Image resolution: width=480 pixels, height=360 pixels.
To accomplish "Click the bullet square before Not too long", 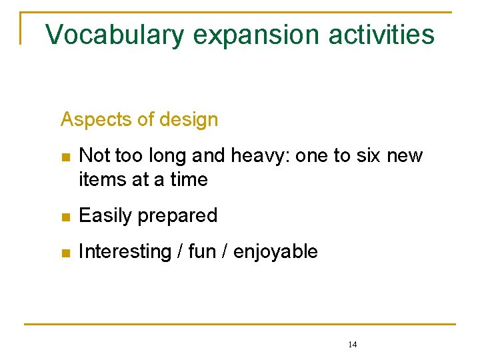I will (x=65, y=157).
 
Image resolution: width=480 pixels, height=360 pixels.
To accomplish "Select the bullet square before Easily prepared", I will (x=65, y=217).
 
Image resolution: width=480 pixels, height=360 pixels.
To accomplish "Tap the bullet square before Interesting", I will (x=65, y=253).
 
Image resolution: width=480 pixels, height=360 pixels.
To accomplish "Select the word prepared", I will (x=181, y=217).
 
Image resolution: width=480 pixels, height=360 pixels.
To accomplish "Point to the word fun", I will (x=201, y=252).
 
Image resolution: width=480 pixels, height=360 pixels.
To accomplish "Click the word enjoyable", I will (x=275, y=253).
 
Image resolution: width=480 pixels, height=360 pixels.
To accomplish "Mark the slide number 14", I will (x=353, y=345).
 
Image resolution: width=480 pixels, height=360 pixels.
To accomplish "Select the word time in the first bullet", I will (x=189, y=179).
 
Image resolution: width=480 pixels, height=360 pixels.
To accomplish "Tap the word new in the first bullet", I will (x=406, y=157).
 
